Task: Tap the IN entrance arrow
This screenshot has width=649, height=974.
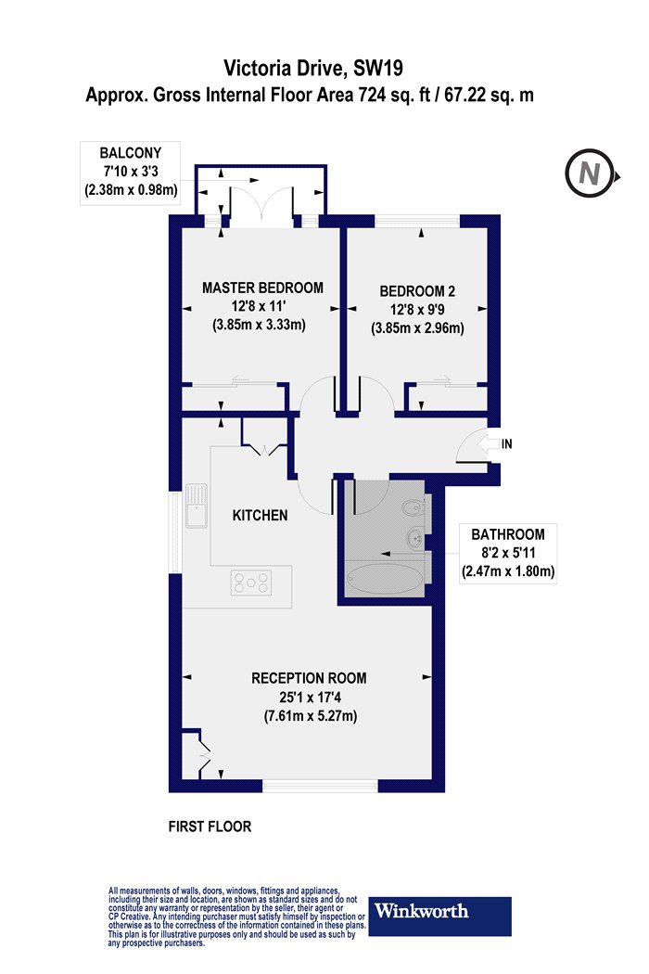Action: pos(490,443)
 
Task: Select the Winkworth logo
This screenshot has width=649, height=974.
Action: pos(440,916)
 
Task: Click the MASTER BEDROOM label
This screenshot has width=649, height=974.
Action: pos(262,288)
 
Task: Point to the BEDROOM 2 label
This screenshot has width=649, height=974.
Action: pos(417,290)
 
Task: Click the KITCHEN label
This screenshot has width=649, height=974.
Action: pos(260,515)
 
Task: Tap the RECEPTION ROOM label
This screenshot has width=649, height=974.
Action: pos(309,678)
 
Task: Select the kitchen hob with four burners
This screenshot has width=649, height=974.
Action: pos(251,583)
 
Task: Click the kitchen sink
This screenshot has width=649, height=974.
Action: pos(196,506)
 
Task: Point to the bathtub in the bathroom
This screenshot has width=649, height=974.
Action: pos(385,578)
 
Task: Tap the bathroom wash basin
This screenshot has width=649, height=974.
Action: pos(415,537)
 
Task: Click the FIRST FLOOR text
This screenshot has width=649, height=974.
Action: pos(210,827)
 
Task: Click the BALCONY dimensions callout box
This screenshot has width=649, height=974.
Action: pos(131,172)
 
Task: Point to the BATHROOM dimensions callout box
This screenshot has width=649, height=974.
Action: pos(508,553)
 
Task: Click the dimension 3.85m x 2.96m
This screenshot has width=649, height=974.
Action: pos(417,328)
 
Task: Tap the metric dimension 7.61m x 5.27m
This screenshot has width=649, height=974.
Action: pos(310,715)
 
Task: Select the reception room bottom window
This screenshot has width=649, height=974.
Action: pos(321,786)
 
